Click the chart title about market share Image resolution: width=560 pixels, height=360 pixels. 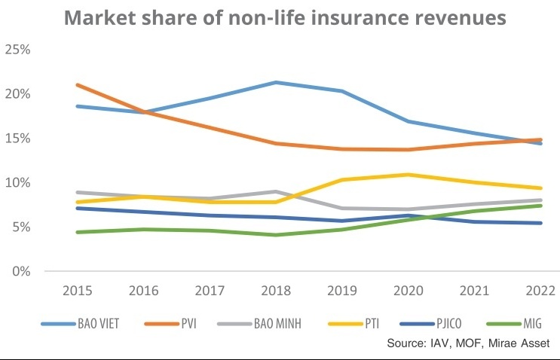pyautogui.click(x=285, y=17)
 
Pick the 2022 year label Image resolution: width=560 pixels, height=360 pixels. pyautogui.click(x=541, y=291)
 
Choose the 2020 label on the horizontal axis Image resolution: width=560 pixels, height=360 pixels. pyautogui.click(x=409, y=291)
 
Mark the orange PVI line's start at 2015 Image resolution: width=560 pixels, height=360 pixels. pyautogui.click(x=77, y=85)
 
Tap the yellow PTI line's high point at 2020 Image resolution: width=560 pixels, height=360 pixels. pyautogui.click(x=409, y=175)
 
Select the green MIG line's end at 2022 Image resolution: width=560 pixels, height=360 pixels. pyautogui.click(x=541, y=206)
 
